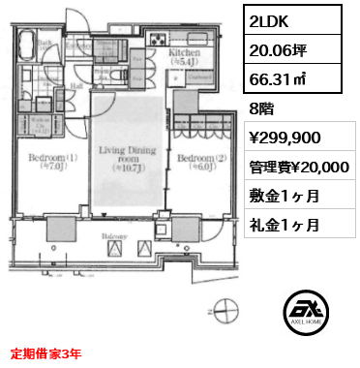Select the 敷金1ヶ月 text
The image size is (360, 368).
coord(268,198)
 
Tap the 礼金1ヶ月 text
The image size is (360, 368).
coord(268,226)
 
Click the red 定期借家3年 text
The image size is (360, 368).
coord(46,353)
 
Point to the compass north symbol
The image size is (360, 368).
coord(225,314)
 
